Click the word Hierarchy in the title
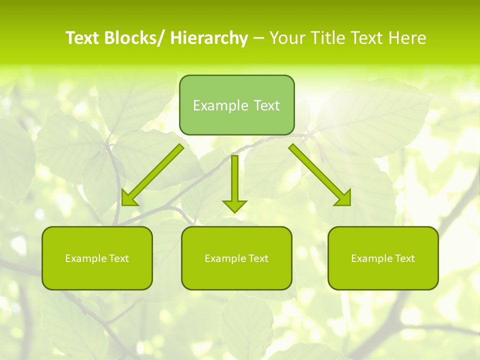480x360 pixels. tap(209, 38)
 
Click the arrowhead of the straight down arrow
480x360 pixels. tap(234, 206)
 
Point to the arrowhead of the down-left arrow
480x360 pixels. tap(128, 199)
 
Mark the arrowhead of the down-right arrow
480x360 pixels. tap(344, 199)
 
